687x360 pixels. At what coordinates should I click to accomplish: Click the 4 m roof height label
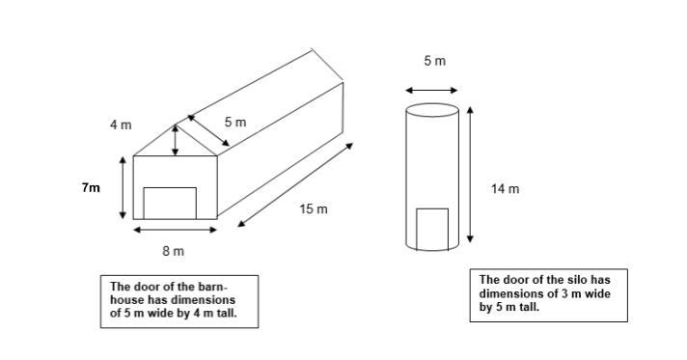(x=121, y=125)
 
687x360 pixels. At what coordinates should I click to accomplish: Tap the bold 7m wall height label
(x=91, y=188)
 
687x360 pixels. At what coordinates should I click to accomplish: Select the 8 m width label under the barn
(x=174, y=251)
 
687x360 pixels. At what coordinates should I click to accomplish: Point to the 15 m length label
(x=314, y=209)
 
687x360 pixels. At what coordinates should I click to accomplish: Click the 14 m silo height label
(x=506, y=189)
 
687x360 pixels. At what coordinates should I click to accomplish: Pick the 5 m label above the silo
(x=434, y=61)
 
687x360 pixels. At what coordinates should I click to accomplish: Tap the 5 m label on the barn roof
(x=235, y=123)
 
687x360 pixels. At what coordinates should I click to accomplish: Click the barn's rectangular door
(x=170, y=204)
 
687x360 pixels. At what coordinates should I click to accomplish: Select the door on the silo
(x=432, y=230)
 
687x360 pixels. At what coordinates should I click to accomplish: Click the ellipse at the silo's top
(x=432, y=104)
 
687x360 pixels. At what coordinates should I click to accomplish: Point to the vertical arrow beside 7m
(x=123, y=188)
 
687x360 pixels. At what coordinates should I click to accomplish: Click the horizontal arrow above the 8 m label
(x=176, y=230)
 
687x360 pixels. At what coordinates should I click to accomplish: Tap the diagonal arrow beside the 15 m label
(x=295, y=184)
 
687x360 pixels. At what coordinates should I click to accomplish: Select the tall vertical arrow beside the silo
(x=470, y=175)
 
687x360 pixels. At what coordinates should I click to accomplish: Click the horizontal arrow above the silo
(x=431, y=91)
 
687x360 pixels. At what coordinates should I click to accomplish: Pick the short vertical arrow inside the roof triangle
(x=176, y=140)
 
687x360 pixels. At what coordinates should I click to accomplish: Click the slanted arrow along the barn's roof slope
(x=208, y=130)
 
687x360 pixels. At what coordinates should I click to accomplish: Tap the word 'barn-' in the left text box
(x=212, y=287)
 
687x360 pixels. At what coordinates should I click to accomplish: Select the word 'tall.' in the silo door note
(x=530, y=307)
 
